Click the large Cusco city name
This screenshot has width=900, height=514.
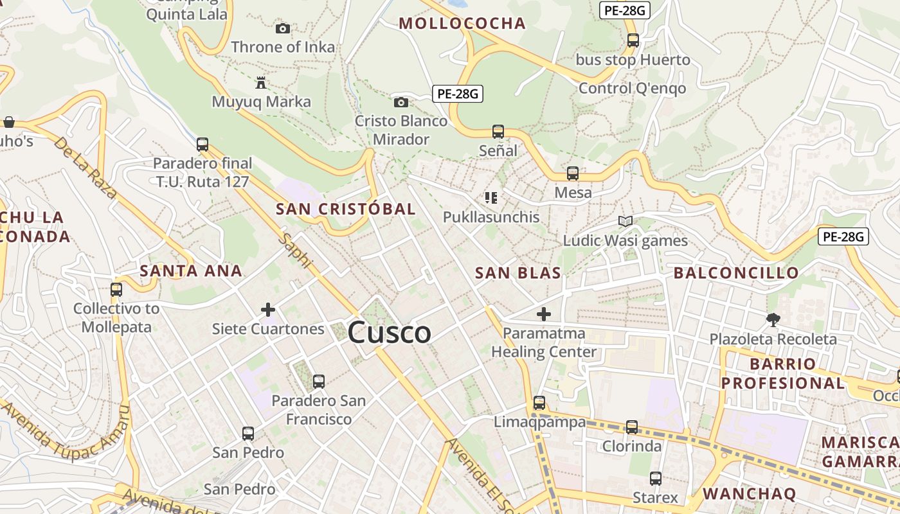[389, 333]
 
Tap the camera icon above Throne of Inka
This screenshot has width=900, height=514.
[282, 28]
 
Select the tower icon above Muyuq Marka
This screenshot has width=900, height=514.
[261, 83]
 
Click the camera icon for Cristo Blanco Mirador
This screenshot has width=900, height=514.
[401, 102]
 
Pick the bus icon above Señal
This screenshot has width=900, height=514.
[498, 132]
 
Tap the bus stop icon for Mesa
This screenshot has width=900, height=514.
[573, 173]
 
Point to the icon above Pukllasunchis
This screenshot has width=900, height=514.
[491, 198]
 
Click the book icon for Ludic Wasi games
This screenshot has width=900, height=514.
[625, 222]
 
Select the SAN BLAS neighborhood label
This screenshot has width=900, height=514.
[517, 273]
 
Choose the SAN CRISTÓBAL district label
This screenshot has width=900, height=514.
[346, 209]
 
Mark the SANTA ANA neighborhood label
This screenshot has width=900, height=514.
[191, 271]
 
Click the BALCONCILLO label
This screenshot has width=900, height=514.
[736, 273]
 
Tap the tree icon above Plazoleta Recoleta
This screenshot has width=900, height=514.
[773, 319]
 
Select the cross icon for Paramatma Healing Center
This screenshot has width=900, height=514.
[544, 314]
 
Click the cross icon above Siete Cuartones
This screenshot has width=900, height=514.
[268, 310]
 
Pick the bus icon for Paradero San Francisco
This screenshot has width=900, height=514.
[318, 382]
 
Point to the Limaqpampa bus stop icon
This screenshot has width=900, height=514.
[539, 403]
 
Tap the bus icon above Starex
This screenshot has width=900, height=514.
[655, 479]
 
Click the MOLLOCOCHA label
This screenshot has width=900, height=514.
[462, 24]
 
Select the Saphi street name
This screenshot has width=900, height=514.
[296, 251]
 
